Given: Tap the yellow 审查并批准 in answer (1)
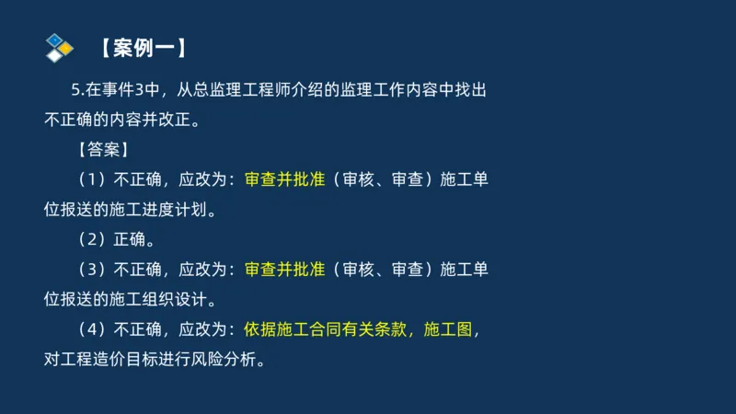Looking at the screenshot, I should (285, 179).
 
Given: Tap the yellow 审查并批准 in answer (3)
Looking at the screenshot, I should (285, 269).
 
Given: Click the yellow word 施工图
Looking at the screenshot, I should (445, 328).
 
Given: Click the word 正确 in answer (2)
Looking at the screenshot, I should (129, 239).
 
